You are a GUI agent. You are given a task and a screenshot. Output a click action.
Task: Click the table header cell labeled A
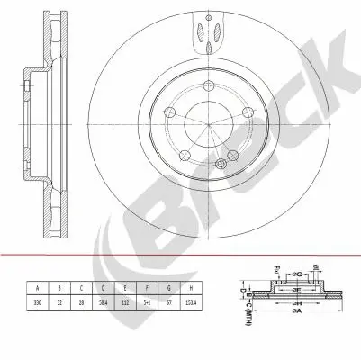38,288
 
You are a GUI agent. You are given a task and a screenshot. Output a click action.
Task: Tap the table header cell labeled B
60,288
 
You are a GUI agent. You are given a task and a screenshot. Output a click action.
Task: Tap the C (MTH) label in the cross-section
247,316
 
